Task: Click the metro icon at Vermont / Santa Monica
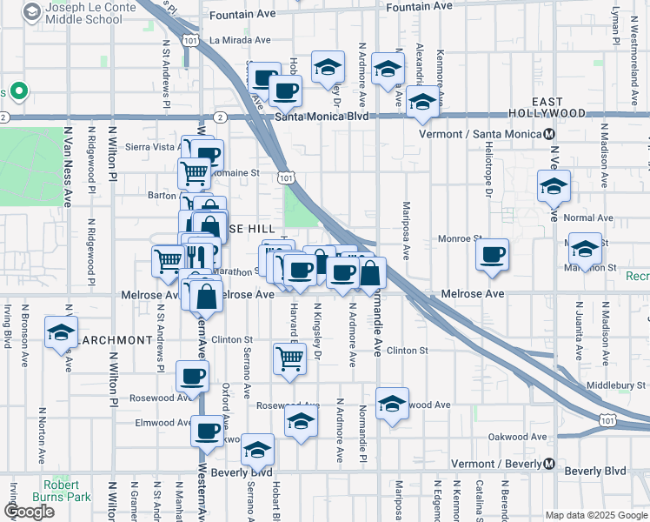549,135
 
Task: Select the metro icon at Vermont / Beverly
549,464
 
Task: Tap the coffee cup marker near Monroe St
493,255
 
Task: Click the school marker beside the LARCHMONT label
62,334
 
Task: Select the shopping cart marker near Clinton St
289,358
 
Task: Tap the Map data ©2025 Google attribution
595,515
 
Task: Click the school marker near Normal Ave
553,188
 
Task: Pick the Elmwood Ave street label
156,424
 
